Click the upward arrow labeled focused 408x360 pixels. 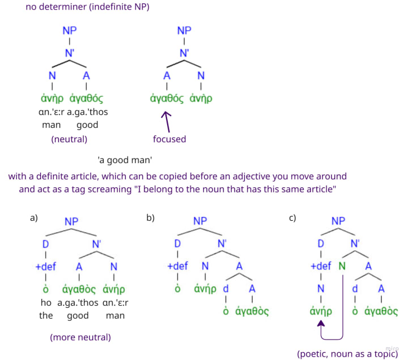pyautogui.click(x=167, y=120)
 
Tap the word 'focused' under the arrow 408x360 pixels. pyautogui.click(x=169, y=139)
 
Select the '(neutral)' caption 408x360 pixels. pyautogui.click(x=69, y=139)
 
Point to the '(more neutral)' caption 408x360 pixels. pyautogui.click(x=80, y=337)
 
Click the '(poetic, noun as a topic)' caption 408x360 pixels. pyautogui.click(x=347, y=354)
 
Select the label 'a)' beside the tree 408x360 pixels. pyautogui.click(x=33, y=217)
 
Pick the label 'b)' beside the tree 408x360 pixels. pyautogui.click(x=151, y=217)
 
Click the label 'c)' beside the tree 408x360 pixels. pyautogui.click(x=292, y=217)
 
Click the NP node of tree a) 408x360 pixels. pyautogui.click(x=71, y=222)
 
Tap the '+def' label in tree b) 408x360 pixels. pyautogui.click(x=177, y=266)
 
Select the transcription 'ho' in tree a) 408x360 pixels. pyautogui.click(x=46, y=302)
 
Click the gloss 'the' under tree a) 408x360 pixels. pyautogui.click(x=46, y=315)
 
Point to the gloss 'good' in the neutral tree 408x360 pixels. pyautogui.click(x=87, y=125)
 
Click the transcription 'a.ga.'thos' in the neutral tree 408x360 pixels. pyautogui.click(x=87, y=112)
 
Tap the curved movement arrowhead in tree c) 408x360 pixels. pyautogui.click(x=321, y=324)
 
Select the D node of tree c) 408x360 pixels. pyautogui.click(x=321, y=243)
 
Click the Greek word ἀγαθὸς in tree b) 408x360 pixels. pyautogui.click(x=252, y=311)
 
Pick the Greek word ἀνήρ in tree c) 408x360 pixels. pyautogui.click(x=321, y=311)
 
